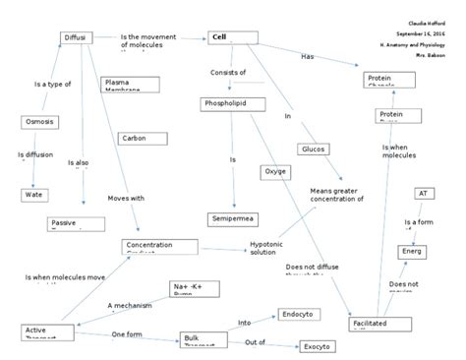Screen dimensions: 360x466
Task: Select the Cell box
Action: (x=232, y=37)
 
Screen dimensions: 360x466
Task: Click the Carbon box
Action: (x=135, y=139)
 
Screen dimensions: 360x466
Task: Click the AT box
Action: (x=424, y=194)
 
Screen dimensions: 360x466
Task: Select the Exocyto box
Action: (x=318, y=346)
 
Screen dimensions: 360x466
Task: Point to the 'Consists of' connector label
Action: (x=227, y=72)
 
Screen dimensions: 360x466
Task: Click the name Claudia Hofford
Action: (x=425, y=23)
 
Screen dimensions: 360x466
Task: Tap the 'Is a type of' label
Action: (x=52, y=85)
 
